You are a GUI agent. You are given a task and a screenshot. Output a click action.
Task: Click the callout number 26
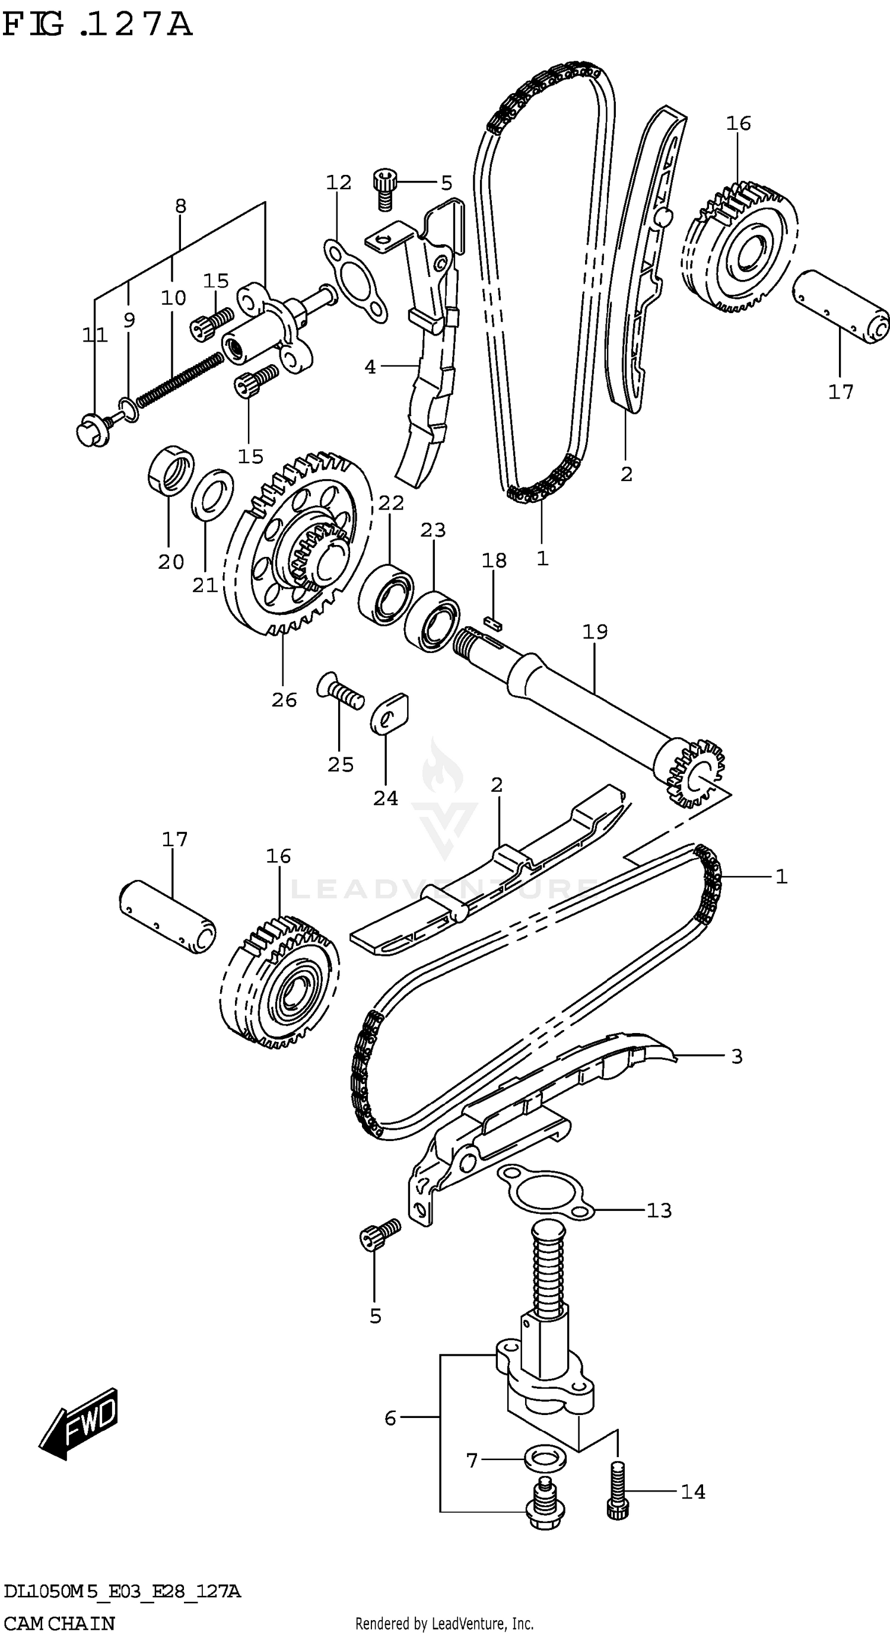[x=284, y=700]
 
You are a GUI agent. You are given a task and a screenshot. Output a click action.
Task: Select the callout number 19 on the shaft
[x=595, y=632]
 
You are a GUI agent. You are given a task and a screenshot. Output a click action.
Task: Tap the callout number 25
[x=340, y=764]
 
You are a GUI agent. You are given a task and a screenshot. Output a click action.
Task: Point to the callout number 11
[x=94, y=334]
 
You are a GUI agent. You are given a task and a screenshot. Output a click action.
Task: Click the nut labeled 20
[x=170, y=470]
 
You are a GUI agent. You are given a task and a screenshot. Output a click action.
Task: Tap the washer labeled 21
[x=212, y=494]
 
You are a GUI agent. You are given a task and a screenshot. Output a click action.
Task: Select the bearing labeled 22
[x=385, y=592]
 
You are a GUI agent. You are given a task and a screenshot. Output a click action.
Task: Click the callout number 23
[x=433, y=530]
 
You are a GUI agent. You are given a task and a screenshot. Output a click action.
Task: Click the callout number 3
[x=736, y=1056]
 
